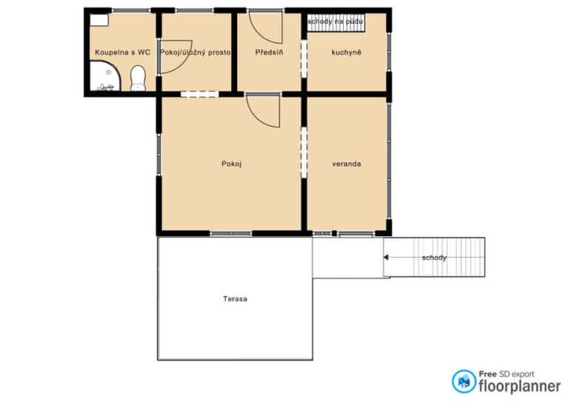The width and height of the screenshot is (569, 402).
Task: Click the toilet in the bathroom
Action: [x=138, y=78]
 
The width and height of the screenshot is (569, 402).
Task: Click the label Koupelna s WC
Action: [x=123, y=53]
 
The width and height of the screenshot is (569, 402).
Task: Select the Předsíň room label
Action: [x=269, y=53]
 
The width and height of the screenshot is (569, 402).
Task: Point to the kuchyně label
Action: [x=346, y=53]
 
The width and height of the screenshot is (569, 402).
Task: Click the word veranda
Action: [x=347, y=164]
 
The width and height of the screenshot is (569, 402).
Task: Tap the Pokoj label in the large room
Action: [x=231, y=164]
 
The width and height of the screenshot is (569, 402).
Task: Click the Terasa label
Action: [x=235, y=299]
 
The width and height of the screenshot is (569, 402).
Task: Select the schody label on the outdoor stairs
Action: [x=434, y=258]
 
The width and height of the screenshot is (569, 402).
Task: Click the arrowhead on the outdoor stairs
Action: [x=386, y=258]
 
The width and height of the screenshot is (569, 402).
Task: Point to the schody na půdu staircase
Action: [x=336, y=23]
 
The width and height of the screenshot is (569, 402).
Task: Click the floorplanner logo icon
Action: [x=464, y=381]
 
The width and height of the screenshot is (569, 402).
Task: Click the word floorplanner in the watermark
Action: [x=519, y=386]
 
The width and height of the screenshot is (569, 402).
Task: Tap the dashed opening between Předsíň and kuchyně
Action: [x=304, y=58]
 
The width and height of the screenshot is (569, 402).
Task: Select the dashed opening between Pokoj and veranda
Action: [x=304, y=153]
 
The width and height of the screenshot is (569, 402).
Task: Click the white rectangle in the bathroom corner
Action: [x=99, y=20]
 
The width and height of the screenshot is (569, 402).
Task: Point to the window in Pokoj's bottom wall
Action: [x=231, y=233]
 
